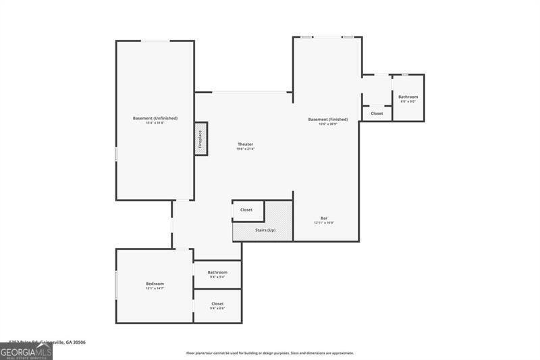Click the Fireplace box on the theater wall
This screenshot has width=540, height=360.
[x=200, y=138]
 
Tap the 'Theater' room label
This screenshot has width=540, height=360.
[x=245, y=144]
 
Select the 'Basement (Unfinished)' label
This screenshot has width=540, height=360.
[x=155, y=118]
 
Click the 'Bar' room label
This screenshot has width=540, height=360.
[x=324, y=217]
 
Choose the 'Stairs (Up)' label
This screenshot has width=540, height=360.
[x=265, y=230]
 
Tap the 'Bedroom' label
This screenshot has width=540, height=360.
[x=155, y=284]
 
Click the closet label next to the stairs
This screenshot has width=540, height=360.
[x=246, y=209]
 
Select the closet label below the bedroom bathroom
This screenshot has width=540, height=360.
[x=217, y=304]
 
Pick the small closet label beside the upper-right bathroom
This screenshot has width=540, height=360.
[x=377, y=113]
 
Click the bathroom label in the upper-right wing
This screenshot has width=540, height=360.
[x=408, y=97]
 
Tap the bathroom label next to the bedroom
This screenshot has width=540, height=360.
[x=217, y=272]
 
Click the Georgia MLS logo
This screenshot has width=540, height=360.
[x=26, y=352]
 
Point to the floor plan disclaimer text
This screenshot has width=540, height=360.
[x=270, y=353]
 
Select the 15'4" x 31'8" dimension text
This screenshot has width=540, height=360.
[x=155, y=123]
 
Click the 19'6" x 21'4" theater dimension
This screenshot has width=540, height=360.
[x=245, y=149]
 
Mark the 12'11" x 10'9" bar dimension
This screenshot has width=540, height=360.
[x=324, y=222]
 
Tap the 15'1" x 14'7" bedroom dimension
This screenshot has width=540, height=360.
[x=155, y=288]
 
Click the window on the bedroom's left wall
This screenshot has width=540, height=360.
[x=116, y=284]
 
